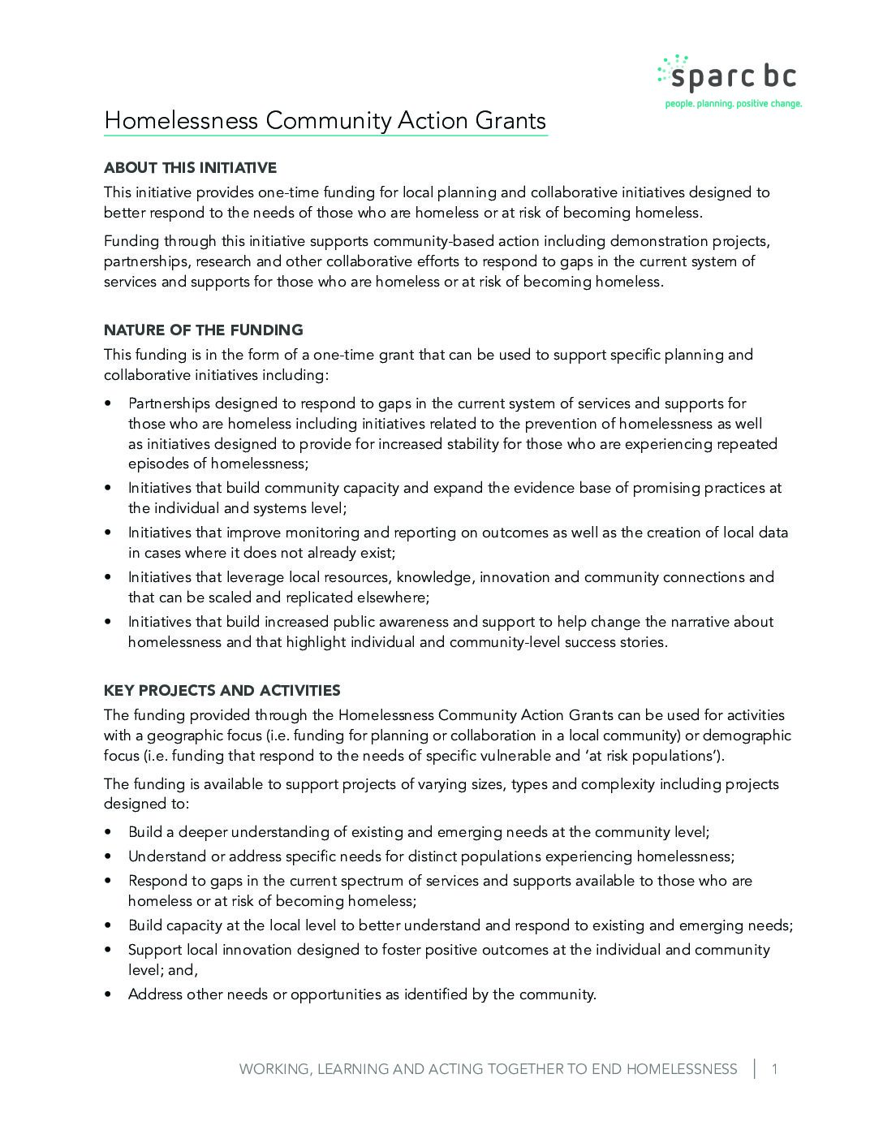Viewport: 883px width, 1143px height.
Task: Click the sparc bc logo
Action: pos(727,75)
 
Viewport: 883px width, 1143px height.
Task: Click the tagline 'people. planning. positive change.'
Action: pos(733,104)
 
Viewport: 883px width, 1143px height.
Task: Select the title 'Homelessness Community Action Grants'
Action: pos(325,121)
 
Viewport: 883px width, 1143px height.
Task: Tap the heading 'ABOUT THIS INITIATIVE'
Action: pos(190,168)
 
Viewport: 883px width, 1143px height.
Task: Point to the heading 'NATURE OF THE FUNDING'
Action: pos(203,330)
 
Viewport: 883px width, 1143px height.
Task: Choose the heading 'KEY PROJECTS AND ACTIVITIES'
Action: pos(222,691)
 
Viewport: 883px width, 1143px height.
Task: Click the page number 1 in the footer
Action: pos(774,1069)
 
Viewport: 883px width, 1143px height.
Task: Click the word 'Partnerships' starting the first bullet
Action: pos(169,403)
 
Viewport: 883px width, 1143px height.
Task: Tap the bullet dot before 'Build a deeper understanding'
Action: pos(109,833)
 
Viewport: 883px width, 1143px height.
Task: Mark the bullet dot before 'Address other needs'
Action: pos(109,994)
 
